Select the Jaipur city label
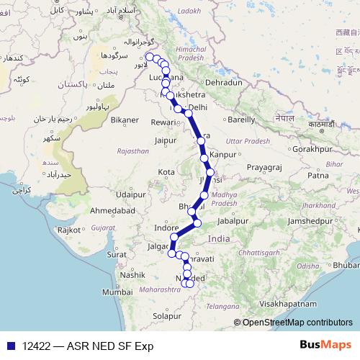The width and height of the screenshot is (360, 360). point(165,140)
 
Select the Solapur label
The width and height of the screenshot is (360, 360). point(168,315)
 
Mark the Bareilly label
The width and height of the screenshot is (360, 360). point(241,120)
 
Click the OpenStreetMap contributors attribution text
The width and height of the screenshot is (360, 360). point(297,323)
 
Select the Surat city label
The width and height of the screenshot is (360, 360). point(116,254)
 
